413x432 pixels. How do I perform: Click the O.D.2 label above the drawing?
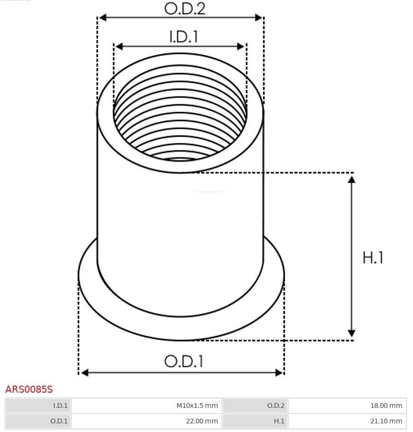coord(185,9)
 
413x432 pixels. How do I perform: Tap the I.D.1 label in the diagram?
coord(184,36)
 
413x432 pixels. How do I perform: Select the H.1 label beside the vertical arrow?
coord(373,257)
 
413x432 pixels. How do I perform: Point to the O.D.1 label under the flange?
coord(184,361)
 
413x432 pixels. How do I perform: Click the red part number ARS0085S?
coord(29,389)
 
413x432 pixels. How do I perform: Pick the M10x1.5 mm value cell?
coord(147,406)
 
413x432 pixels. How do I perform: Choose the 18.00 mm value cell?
coord(347,406)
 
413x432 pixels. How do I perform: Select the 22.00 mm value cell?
coord(147,421)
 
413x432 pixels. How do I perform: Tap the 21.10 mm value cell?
coord(347,421)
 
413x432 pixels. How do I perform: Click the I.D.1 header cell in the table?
coord(38,406)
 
